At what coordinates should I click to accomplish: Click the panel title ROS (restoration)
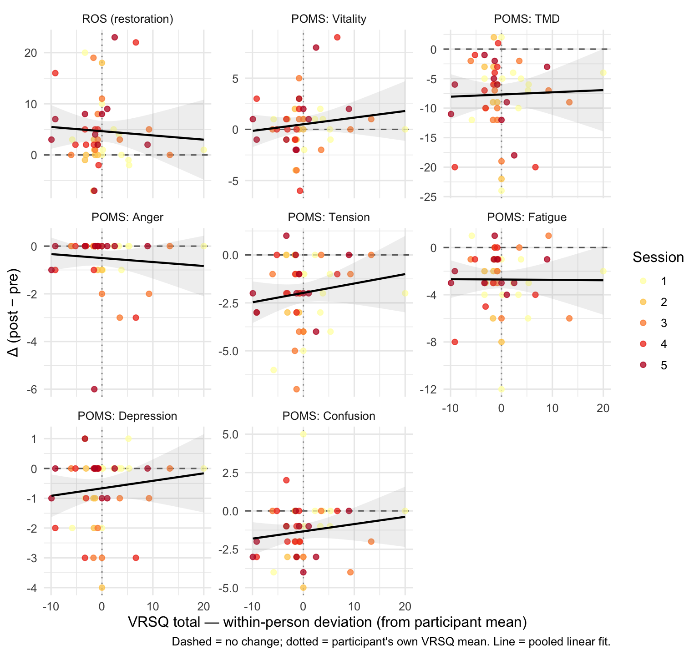point(127,19)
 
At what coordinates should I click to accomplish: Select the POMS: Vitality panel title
point(329,19)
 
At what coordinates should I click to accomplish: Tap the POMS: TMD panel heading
point(527,19)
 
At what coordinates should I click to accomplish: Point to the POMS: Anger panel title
point(127,217)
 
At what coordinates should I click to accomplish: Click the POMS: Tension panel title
point(329,217)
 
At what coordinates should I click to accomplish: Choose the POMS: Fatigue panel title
point(527,217)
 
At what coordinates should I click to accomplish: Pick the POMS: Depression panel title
point(127,416)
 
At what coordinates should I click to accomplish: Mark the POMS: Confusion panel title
point(329,416)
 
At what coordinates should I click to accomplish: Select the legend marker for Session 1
point(643,281)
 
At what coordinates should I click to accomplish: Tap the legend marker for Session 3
point(643,323)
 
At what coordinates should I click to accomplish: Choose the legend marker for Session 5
point(643,365)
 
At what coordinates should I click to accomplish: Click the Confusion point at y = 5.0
point(303,434)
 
